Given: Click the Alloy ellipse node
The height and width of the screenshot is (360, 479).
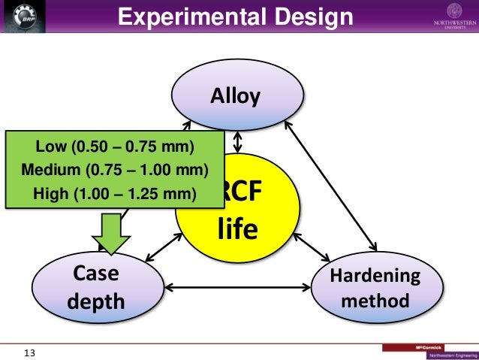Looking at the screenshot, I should coord(239,95).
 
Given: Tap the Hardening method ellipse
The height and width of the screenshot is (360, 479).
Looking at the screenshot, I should coord(375,289).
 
